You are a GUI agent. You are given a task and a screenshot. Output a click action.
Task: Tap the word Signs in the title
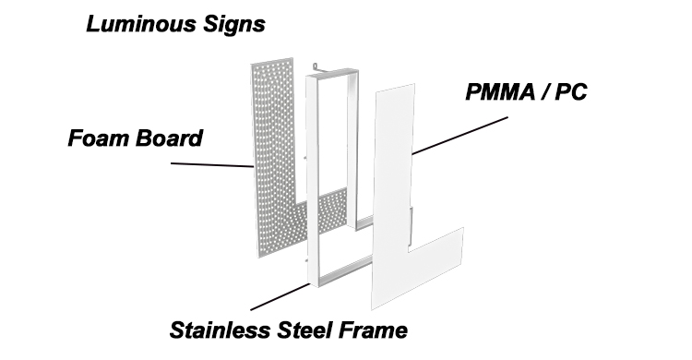tap(234, 25)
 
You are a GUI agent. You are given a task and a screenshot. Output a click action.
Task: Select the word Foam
tap(99, 138)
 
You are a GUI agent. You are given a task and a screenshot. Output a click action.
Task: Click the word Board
tap(169, 138)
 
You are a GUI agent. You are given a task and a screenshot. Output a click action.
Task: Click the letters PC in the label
tap(571, 92)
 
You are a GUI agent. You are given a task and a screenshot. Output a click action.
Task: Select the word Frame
tap(374, 330)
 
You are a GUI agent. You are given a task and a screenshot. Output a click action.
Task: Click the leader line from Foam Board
tap(212, 164)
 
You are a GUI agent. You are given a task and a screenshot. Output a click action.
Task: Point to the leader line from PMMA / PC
tap(459, 135)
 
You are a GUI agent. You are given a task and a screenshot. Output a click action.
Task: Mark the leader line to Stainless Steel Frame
tap(280, 297)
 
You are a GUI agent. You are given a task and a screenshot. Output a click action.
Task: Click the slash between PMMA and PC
tap(545, 92)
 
